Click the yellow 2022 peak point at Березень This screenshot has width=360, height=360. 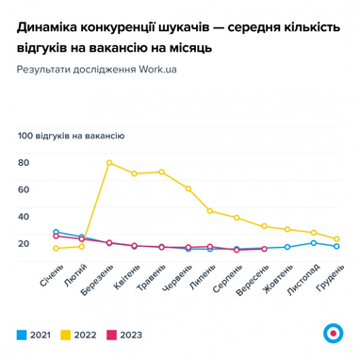(x=109, y=163)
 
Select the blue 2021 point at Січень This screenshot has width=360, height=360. (x=57, y=232)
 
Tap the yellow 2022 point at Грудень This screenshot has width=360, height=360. (x=336, y=239)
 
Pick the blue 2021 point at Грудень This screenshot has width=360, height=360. (x=336, y=247)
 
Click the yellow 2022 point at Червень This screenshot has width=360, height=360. (x=189, y=188)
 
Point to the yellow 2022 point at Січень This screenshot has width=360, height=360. (x=57, y=249)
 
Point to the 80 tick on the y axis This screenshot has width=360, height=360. (x=24, y=162)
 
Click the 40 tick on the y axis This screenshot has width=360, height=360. (x=24, y=216)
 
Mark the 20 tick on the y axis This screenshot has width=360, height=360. (x=24, y=243)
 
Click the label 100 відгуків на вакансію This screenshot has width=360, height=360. (x=71, y=136)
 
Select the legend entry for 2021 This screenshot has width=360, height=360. (x=34, y=335)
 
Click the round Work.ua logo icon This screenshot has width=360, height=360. (x=331, y=332)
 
